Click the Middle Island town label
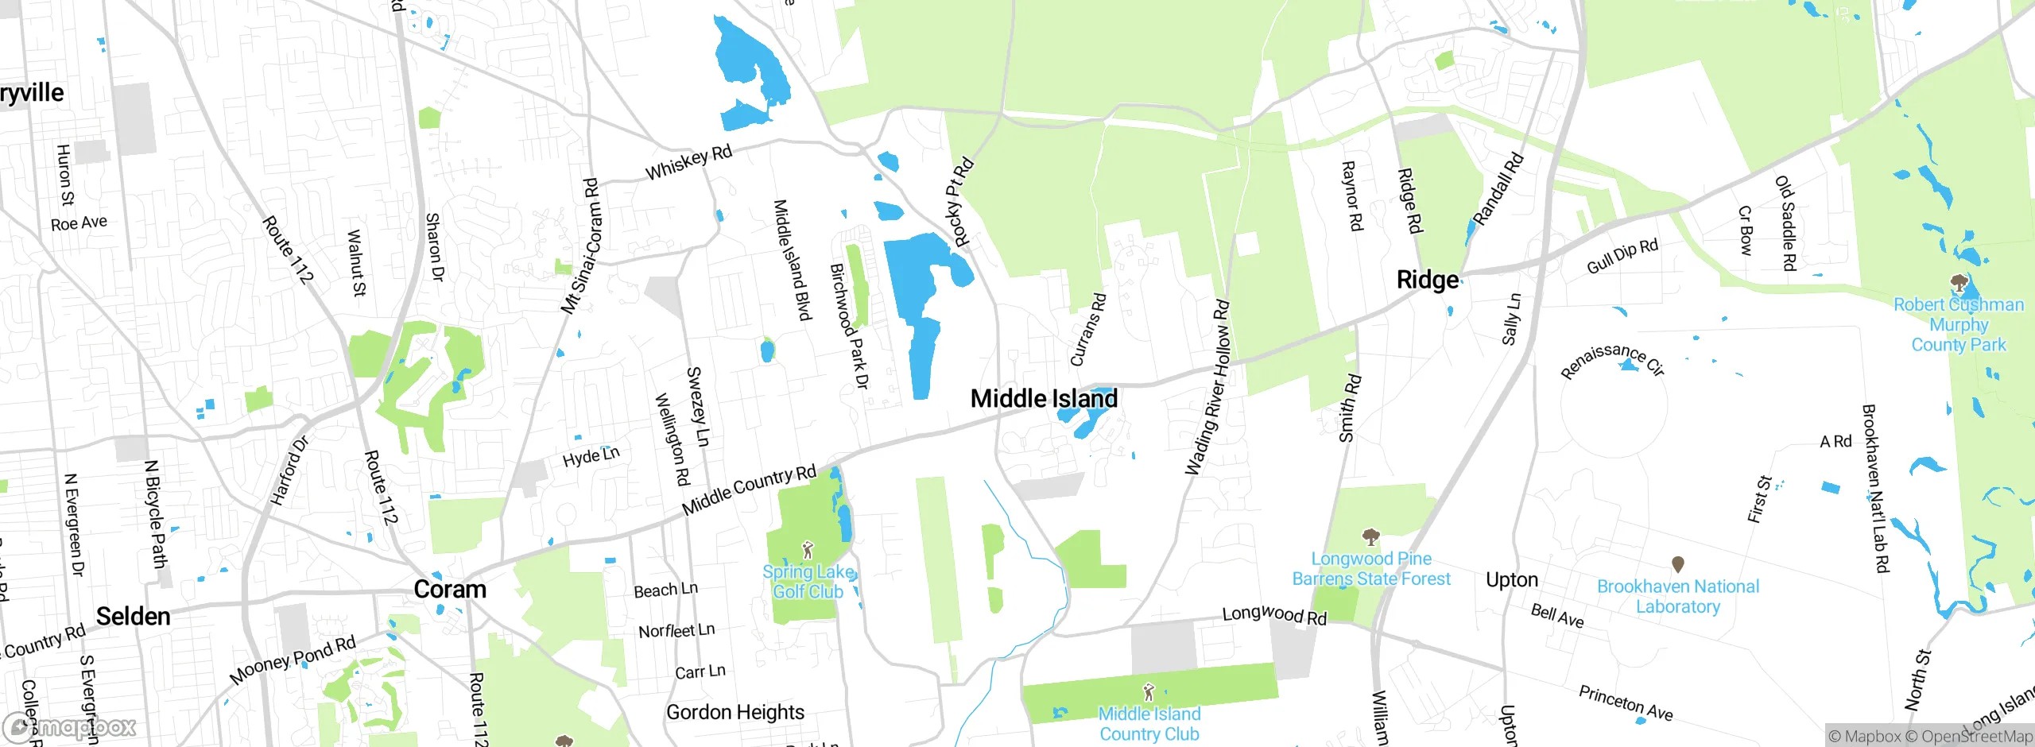1044,398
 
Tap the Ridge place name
1428,280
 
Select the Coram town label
450,589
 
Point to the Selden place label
133,616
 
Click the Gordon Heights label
735,712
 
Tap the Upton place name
1512,579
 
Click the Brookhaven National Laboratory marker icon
1678,564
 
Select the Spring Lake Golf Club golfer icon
808,549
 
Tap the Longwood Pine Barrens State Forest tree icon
1370,537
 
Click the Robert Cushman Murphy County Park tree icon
1959,283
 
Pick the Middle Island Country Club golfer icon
1148,692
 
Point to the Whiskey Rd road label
688,162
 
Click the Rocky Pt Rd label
959,203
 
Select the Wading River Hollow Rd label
1207,388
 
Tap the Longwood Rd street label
1274,615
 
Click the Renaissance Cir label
1613,358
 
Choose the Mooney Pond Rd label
293,660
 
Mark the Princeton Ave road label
1626,702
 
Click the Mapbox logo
70,727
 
